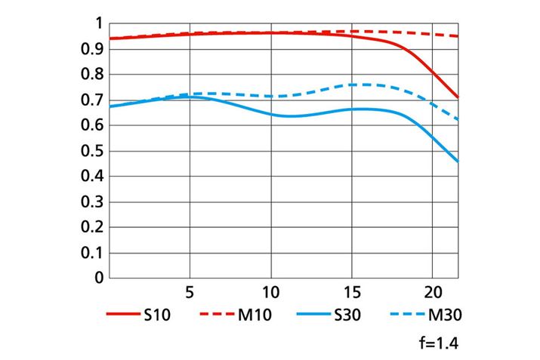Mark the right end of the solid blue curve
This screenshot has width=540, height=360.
pos(458,162)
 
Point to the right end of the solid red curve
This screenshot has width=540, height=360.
pos(458,97)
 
